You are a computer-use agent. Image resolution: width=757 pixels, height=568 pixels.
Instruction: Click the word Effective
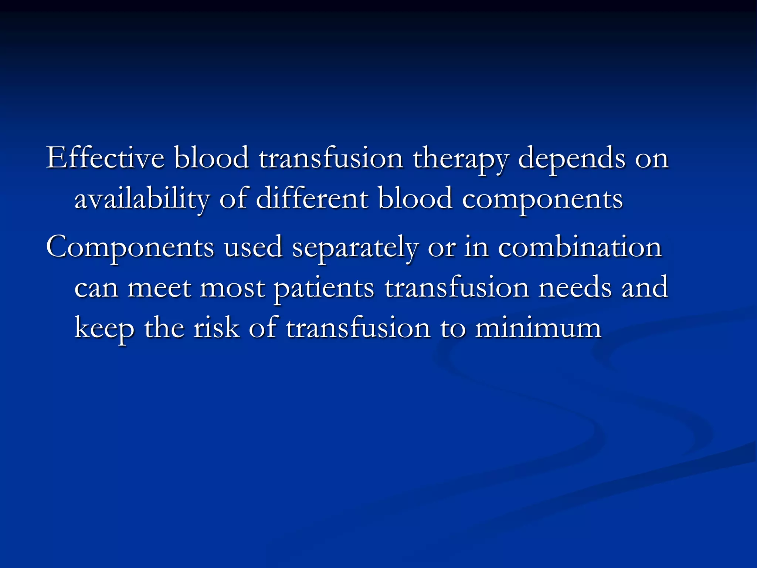click(x=105, y=158)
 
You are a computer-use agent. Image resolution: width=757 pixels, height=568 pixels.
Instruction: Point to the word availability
click(x=142, y=199)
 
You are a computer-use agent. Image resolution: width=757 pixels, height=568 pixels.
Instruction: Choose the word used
click(x=253, y=247)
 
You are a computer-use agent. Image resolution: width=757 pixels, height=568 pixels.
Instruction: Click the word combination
click(x=580, y=247)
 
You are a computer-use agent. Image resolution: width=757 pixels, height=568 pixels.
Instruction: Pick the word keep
click(x=104, y=329)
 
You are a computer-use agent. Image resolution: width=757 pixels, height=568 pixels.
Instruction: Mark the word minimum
click(x=538, y=328)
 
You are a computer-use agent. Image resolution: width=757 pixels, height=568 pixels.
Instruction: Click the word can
click(x=96, y=288)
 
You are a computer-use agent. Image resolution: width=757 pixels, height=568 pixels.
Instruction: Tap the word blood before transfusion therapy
click(x=211, y=158)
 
